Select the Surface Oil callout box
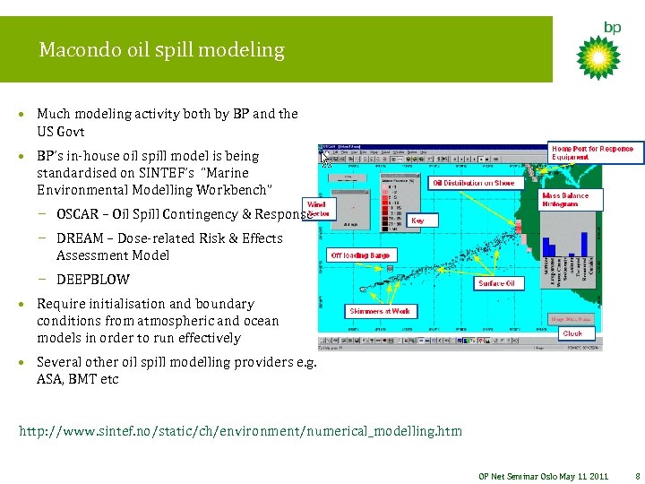coord(496,283)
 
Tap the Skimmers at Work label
coord(381,311)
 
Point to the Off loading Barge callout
coord(360,255)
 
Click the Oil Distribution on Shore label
coord(475,183)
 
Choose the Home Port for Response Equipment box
coord(592,153)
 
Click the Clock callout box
coord(572,333)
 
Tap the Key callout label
coord(418,220)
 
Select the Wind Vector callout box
coord(317,209)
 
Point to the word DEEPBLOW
coord(93,280)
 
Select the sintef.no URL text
coord(240,431)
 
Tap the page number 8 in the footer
coord(636,476)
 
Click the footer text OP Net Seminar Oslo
coord(520,476)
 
